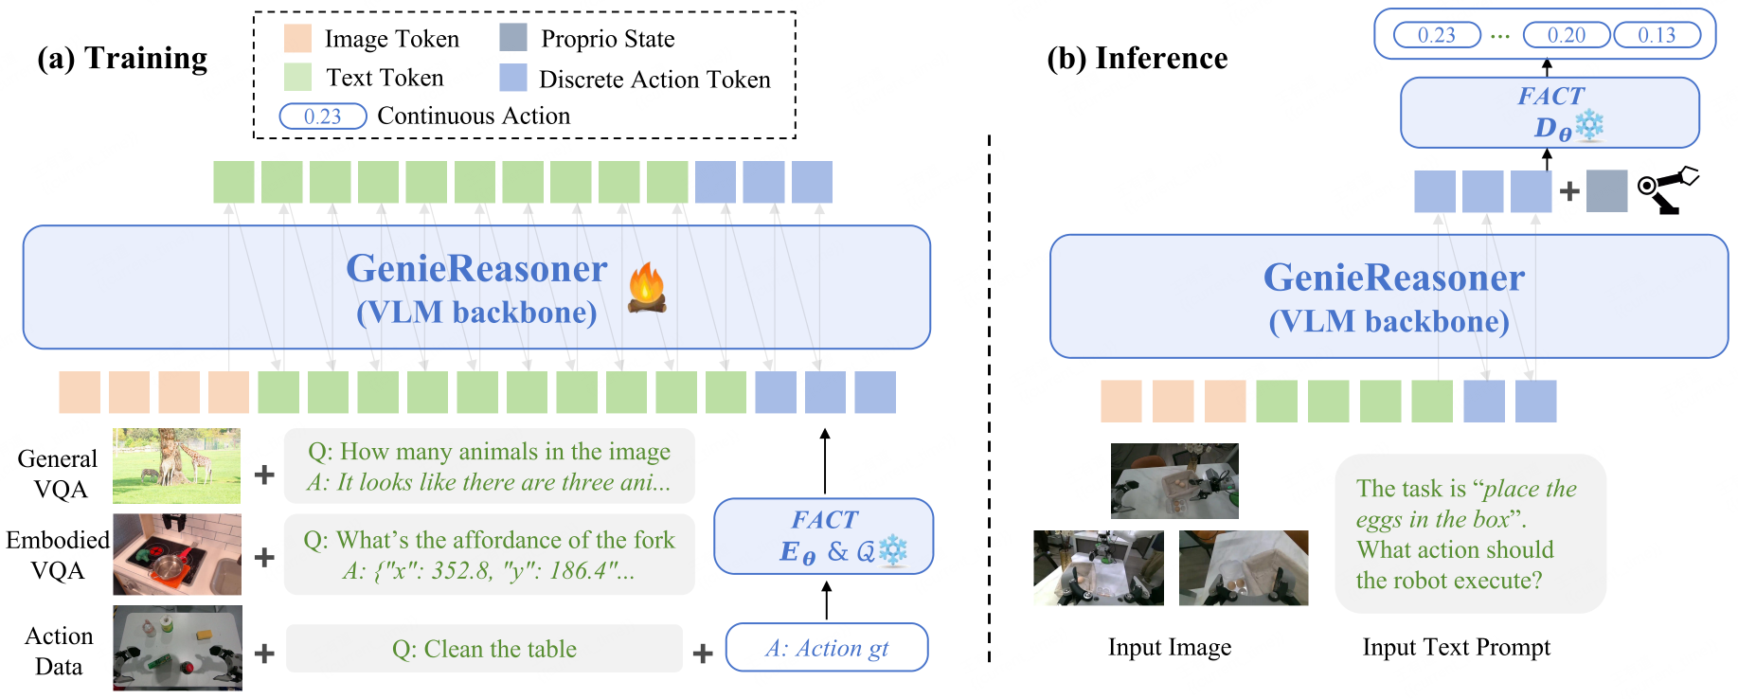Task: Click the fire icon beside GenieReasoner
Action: coord(647,288)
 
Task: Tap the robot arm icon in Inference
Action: coord(1669,190)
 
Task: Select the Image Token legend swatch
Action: coord(297,39)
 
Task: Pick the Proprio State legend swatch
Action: coord(513,38)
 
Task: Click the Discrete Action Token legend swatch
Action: coord(513,78)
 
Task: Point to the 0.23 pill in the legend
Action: coord(323,116)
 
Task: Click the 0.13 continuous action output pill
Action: coord(1657,35)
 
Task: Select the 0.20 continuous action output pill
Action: coord(1566,35)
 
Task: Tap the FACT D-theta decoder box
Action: coord(1550,113)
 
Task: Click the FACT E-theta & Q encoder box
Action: coord(823,536)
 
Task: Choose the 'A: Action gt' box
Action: coord(826,648)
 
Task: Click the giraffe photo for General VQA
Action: coord(176,465)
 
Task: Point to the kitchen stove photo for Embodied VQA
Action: coord(177,554)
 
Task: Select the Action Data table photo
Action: coord(177,648)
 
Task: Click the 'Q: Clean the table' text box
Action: coord(484,649)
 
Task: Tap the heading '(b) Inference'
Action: coord(1137,59)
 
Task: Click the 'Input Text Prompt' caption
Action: coord(1456,647)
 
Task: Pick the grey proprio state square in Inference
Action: coord(1606,190)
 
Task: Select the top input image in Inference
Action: coord(1174,480)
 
